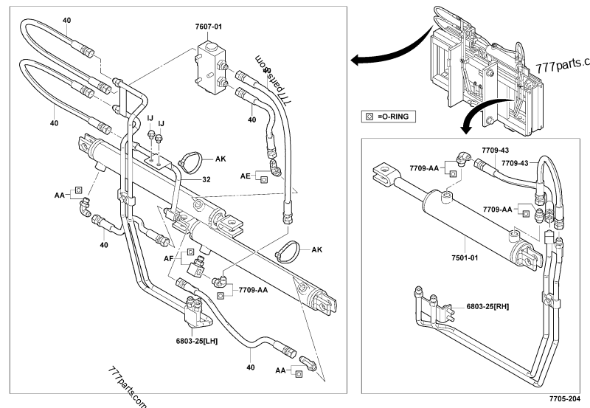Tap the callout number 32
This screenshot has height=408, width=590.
click(206, 179)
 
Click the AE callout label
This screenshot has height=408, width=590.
click(245, 176)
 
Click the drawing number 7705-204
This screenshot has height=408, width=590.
click(564, 398)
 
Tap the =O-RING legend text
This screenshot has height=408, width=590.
click(398, 116)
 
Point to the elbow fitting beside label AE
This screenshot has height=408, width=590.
click(274, 170)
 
